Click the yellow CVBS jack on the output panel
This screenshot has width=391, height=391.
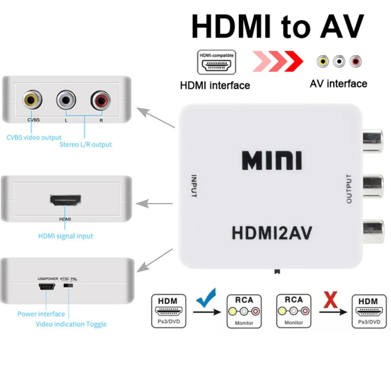click(x=32, y=99)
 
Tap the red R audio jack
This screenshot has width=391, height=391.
click(x=100, y=100)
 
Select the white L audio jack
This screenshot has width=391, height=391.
click(x=66, y=100)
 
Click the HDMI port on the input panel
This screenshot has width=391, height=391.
click(x=65, y=199)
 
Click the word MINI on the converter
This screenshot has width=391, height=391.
click(x=272, y=160)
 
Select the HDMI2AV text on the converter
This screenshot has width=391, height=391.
click(x=272, y=233)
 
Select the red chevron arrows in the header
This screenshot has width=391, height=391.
click(x=278, y=62)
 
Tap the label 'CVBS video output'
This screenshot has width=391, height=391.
click(x=34, y=137)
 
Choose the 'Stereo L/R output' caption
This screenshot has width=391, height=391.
click(x=85, y=144)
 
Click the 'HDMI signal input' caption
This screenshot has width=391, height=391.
click(x=65, y=236)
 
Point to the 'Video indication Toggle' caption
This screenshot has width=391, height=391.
click(x=71, y=324)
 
